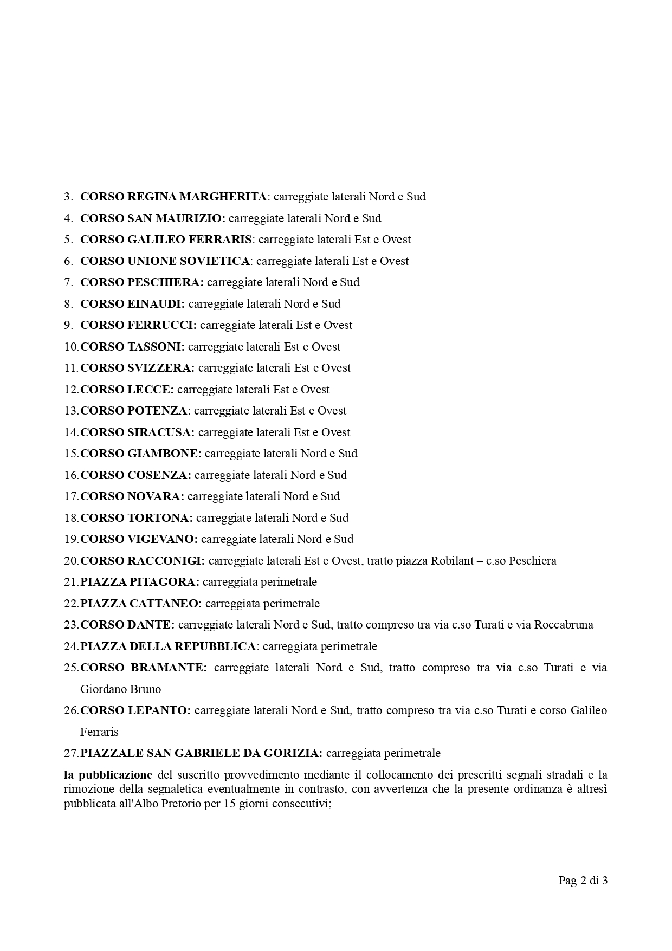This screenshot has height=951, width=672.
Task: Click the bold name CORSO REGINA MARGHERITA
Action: click(x=173, y=197)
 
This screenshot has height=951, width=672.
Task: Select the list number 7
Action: click(x=68, y=282)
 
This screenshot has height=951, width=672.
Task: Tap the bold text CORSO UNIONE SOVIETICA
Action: click(x=165, y=261)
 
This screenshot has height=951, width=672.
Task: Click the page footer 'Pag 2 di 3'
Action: click(x=583, y=881)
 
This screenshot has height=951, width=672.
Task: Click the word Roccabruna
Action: click(x=564, y=625)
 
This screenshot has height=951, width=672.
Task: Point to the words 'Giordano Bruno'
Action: click(x=120, y=689)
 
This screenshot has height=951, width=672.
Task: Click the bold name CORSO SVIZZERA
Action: click(x=137, y=368)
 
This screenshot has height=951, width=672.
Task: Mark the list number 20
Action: click(x=71, y=561)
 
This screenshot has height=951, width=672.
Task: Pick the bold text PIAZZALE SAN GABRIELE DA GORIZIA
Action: click(x=201, y=753)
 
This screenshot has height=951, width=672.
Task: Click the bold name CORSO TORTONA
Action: click(x=137, y=518)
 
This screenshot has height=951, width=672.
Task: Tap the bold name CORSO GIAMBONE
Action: click(x=141, y=454)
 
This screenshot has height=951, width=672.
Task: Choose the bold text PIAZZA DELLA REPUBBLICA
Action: click(x=168, y=646)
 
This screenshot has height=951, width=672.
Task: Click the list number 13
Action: click(x=71, y=411)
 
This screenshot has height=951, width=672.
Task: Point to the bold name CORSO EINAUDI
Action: click(x=132, y=304)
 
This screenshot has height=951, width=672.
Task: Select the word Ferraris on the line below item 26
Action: click(x=99, y=732)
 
